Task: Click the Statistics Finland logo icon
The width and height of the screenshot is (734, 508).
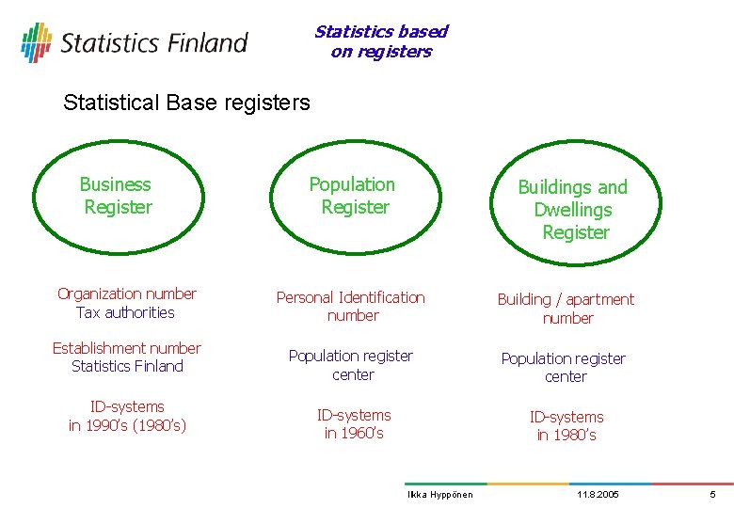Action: [x=36, y=42]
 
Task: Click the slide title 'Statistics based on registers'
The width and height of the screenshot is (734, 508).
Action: [x=381, y=41]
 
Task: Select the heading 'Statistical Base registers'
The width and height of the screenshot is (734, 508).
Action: [x=186, y=103]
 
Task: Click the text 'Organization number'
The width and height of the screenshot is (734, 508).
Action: [x=127, y=294]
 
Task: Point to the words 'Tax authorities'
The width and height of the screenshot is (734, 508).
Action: [x=126, y=312]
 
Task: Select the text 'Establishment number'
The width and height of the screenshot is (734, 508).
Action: [x=126, y=348]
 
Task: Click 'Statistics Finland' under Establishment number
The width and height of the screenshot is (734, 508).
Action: [x=127, y=366]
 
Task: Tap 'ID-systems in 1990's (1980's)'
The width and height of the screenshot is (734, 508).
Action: [x=127, y=416]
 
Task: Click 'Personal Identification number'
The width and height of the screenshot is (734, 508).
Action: [x=351, y=307]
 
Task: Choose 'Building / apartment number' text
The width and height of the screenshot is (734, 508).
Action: [x=566, y=309]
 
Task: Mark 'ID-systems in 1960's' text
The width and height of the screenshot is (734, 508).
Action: [x=354, y=423]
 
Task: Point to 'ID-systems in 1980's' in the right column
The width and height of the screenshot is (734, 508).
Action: [x=566, y=425]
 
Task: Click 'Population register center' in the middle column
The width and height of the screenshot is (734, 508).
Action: [x=351, y=365]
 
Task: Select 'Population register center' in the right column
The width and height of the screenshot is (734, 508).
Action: [x=564, y=367]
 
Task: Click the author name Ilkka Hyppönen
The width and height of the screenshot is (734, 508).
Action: [x=439, y=495]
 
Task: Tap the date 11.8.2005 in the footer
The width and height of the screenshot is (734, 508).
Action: [x=598, y=495]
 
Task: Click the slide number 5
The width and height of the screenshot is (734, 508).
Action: [x=712, y=495]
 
